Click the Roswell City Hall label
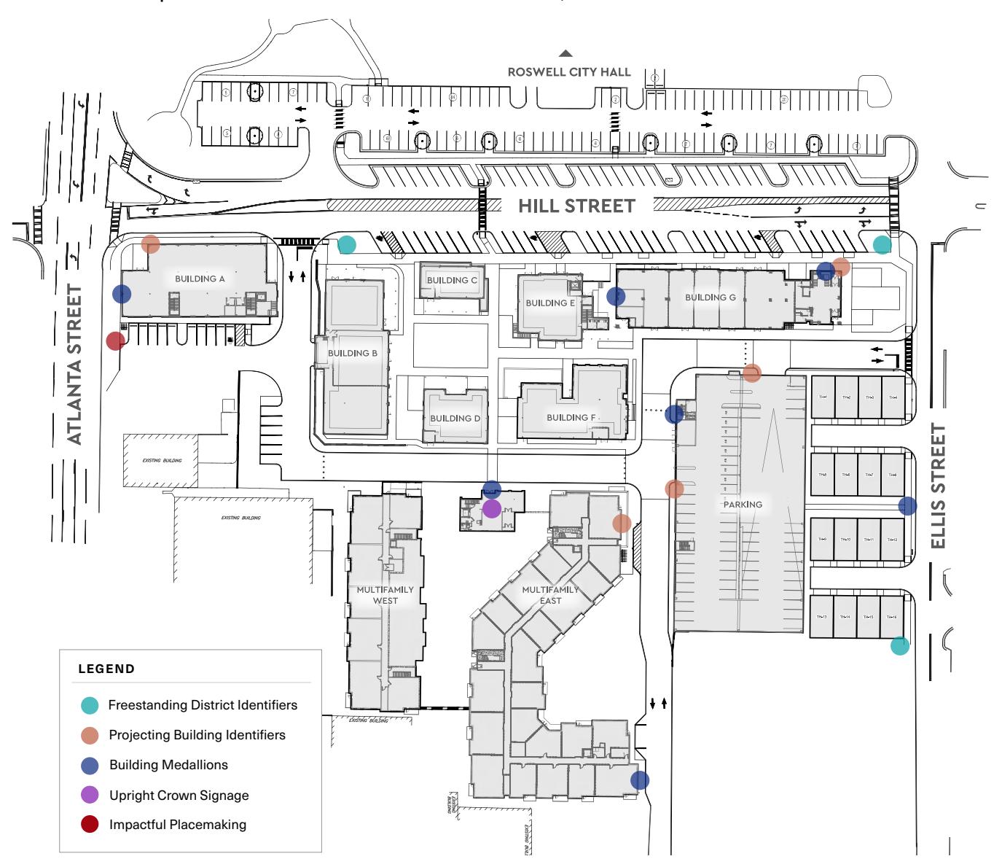click(568, 72)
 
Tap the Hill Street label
click(576, 206)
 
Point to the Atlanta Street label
click(75, 365)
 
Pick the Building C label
click(452, 280)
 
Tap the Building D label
click(455, 419)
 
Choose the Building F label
click(571, 418)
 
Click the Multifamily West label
click(385, 595)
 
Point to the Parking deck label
click(743, 504)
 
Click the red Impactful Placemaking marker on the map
click(115, 341)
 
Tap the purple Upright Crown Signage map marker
click(492, 508)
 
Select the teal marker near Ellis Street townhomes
click(900, 645)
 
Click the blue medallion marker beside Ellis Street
click(907, 505)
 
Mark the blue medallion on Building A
click(122, 294)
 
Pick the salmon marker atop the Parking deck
click(752, 373)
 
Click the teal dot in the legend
click(90, 705)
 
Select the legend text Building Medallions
click(168, 765)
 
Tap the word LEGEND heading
click(106, 669)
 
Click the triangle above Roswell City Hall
click(565, 53)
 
